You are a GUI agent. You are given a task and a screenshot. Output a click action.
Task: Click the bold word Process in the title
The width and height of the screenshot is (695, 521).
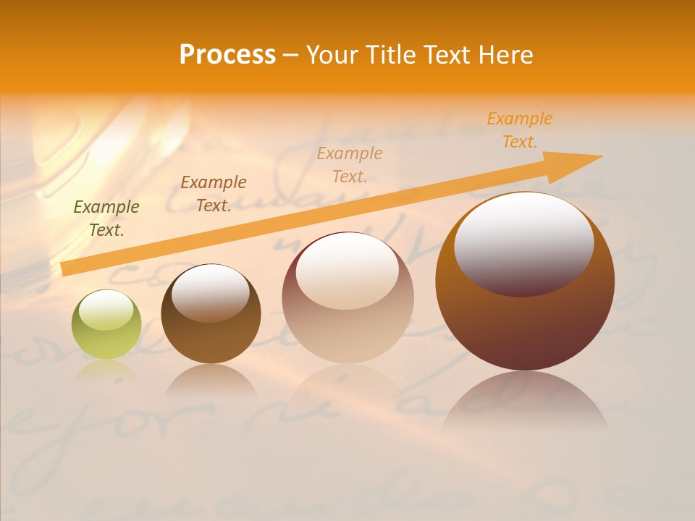coord(227,55)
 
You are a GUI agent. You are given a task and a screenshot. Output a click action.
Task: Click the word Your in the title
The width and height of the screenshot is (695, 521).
coord(333,55)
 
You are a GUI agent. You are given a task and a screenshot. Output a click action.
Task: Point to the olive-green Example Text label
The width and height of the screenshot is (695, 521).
coord(106,219)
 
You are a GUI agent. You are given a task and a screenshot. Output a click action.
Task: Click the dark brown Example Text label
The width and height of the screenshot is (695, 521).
coord(214,194)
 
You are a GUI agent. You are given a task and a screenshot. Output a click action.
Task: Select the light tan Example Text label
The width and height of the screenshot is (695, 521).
coord(350,165)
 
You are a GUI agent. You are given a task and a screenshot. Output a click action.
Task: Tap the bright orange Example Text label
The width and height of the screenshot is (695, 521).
coord(520,130)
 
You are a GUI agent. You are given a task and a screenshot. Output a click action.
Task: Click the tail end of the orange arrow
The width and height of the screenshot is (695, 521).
coord(67,268)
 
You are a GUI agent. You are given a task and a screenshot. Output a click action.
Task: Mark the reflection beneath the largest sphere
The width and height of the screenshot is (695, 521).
coord(525,402)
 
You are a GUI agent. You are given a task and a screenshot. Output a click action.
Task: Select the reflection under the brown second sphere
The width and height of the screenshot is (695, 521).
coord(211,380)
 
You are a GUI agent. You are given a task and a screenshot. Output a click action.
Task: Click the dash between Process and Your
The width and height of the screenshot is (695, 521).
coord(291,55)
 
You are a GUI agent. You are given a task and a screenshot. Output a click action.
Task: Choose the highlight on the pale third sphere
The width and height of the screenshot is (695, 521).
coord(347,269)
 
